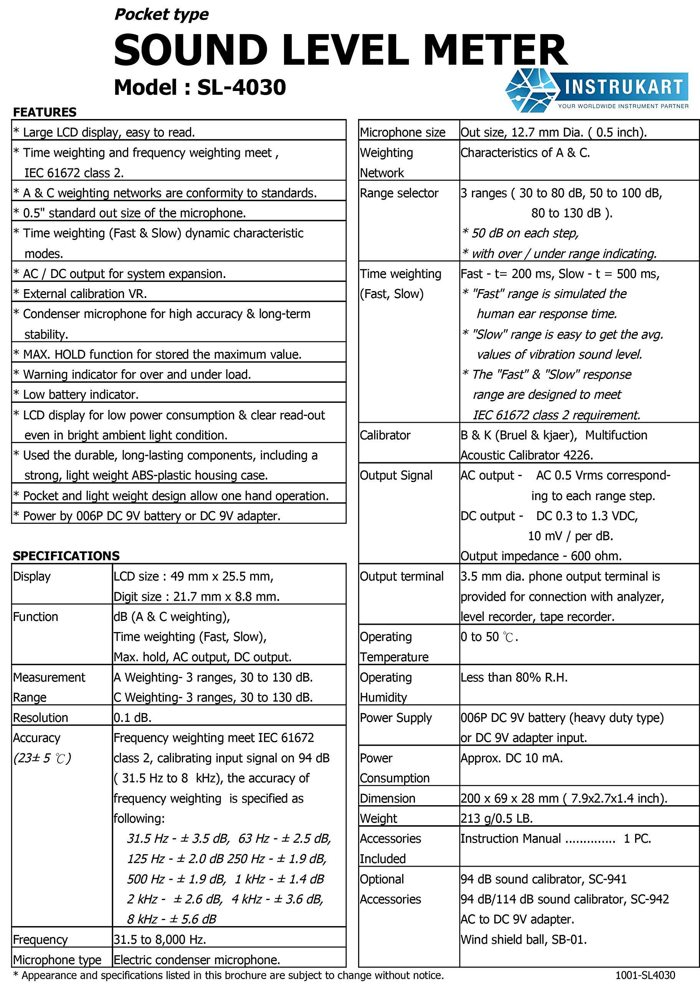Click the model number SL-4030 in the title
pos(241,87)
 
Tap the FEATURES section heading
pos(45,112)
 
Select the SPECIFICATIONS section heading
pos(66,556)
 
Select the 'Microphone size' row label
pos(403,132)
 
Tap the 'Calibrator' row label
pos(385,435)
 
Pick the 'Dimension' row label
pos(388,798)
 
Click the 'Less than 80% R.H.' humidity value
pos(514,677)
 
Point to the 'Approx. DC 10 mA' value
pos(512,758)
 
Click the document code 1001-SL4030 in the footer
pos(645,975)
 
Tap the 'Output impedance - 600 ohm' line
pos(541,556)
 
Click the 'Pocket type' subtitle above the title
pos(161,15)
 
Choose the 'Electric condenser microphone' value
pos(197,960)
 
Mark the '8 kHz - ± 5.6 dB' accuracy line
pos(172,919)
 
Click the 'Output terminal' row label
pos(402,576)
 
